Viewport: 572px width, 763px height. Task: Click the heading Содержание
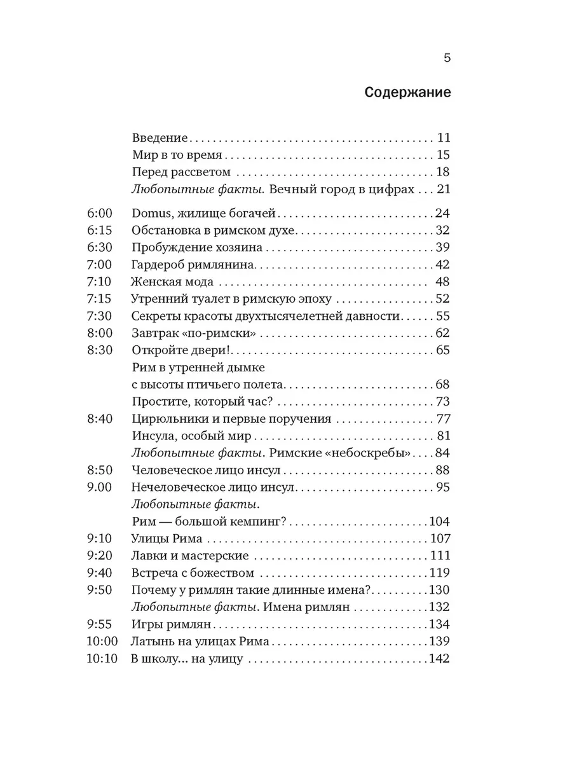(407, 93)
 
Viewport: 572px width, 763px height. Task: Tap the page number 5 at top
(446, 58)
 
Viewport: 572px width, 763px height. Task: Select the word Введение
(161, 138)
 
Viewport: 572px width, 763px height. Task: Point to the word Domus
(151, 213)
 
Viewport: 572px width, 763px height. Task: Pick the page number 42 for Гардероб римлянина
(442, 265)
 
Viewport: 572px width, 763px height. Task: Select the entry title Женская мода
(172, 282)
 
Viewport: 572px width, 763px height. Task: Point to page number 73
(442, 402)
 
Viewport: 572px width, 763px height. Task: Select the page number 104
(439, 522)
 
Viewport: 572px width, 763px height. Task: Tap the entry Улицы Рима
(166, 539)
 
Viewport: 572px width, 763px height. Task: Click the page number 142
(439, 659)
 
